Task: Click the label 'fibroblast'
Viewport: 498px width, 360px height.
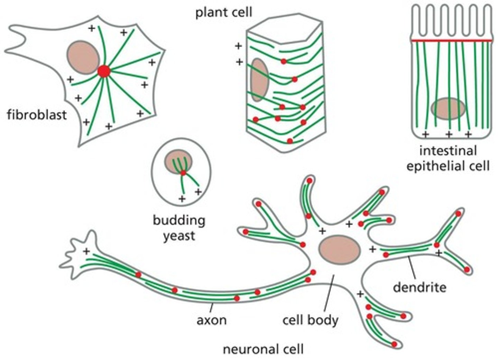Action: tap(37, 114)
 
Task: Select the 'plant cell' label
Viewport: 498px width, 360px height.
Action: tap(224, 13)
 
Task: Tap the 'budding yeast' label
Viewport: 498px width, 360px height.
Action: tap(179, 228)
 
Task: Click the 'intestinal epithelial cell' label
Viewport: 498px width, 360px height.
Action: tap(448, 159)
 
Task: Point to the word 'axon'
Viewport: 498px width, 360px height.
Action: tap(212, 320)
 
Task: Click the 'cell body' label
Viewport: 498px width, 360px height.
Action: tap(310, 320)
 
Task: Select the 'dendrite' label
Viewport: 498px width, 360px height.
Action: tap(419, 287)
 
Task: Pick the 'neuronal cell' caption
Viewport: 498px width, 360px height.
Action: tap(263, 349)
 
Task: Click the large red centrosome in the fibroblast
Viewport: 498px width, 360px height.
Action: tap(104, 72)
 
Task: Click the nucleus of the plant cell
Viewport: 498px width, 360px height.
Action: tap(259, 79)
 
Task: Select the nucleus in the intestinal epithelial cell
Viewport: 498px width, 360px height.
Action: tap(448, 108)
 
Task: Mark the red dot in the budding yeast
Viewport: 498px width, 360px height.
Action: tap(183, 172)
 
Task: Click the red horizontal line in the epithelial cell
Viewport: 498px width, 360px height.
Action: tap(451, 40)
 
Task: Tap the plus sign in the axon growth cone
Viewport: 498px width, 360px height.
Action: tap(86, 252)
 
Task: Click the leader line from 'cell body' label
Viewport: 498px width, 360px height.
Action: tap(329, 294)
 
